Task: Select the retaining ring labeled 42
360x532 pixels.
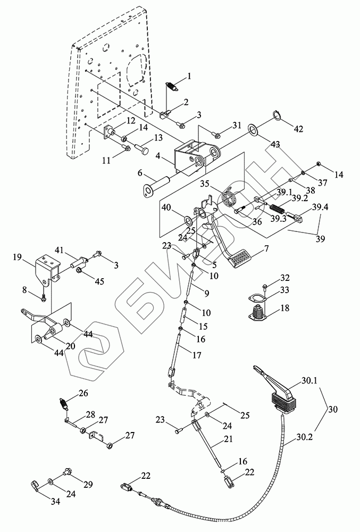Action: tap(279, 115)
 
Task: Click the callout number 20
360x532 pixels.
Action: tap(70, 346)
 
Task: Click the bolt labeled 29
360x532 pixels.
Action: tap(67, 471)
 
